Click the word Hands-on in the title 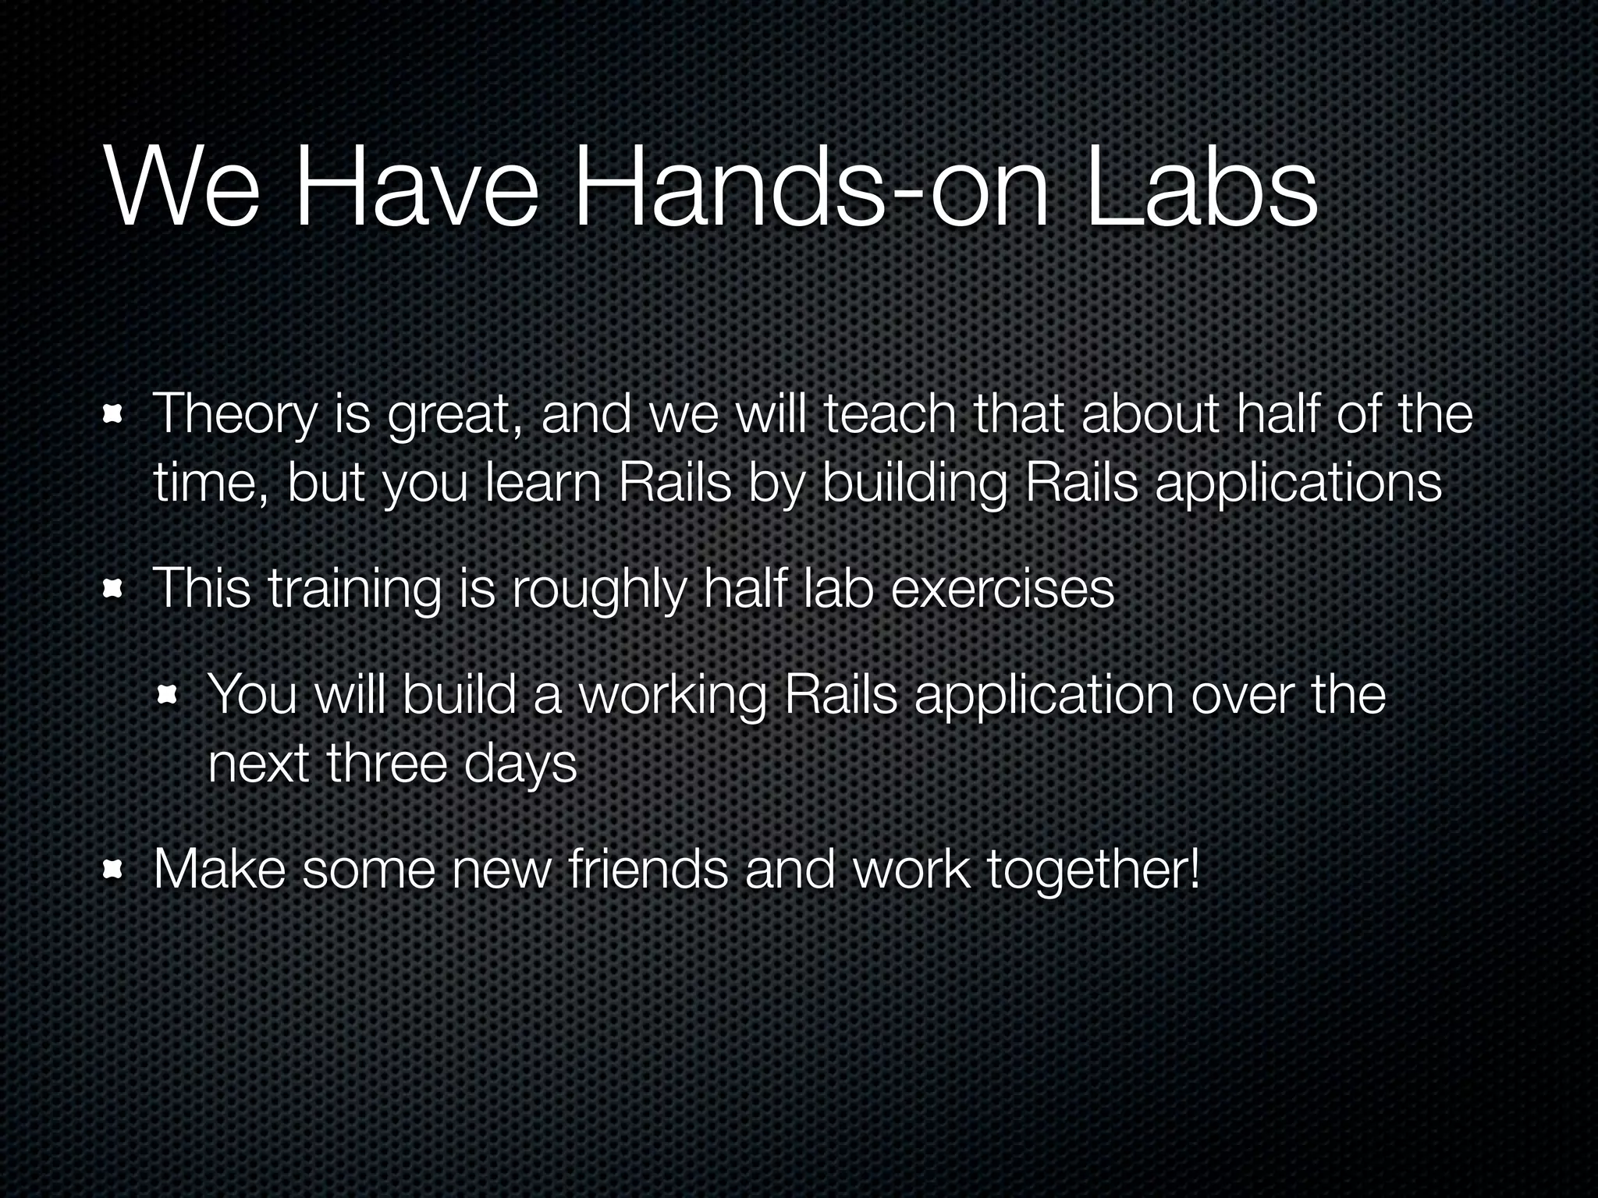click(811, 192)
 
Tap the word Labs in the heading click(1202, 192)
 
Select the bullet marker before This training click(114, 590)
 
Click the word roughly click(598, 590)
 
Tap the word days click(520, 764)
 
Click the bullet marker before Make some click(114, 870)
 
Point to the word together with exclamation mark click(1093, 870)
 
